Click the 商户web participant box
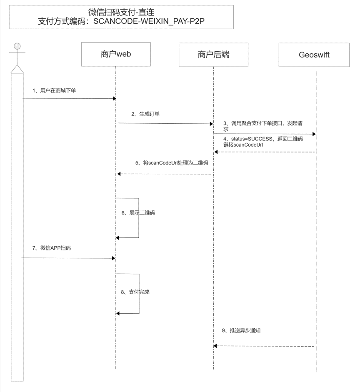(116, 54)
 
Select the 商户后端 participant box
(213, 55)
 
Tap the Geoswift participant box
(314, 55)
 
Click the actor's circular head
(17, 46)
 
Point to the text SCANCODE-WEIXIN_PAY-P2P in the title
(149, 21)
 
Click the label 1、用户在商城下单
(54, 90)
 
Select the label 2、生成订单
(145, 114)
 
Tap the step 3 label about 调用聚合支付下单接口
(263, 126)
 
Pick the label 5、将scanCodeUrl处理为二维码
(172, 163)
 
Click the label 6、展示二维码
(138, 213)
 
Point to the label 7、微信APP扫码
(52, 248)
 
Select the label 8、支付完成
(135, 292)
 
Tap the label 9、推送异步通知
(241, 330)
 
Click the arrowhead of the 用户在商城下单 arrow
(115, 98)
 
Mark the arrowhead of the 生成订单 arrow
(212, 124)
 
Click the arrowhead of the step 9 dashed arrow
(215, 346)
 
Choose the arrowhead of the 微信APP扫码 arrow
(114, 258)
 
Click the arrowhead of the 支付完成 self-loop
(118, 314)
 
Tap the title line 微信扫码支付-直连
(121, 12)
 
